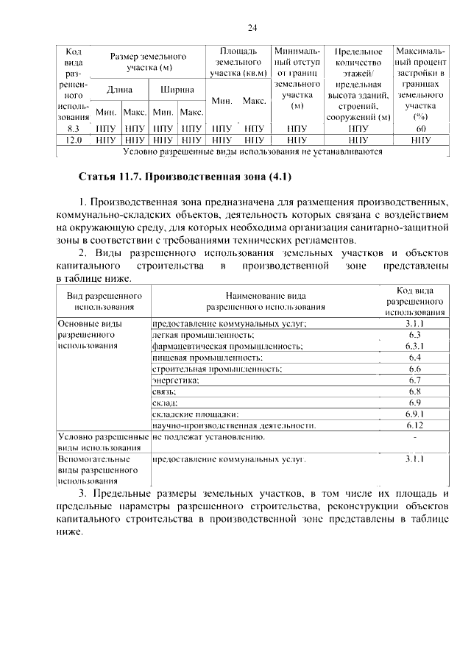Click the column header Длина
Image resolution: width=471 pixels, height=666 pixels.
(119, 89)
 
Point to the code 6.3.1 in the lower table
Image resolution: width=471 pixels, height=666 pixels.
(414, 346)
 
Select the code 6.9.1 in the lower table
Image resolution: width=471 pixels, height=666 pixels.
(414, 414)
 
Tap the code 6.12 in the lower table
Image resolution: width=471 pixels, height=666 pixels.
(414, 425)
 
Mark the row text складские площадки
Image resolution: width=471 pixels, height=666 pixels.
(195, 414)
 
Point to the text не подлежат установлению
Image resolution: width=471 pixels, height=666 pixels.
(208, 437)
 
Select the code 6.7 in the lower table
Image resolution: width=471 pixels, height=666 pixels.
(414, 380)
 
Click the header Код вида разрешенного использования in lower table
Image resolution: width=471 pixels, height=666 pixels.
(414, 301)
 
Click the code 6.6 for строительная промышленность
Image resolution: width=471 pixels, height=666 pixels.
(414, 369)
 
